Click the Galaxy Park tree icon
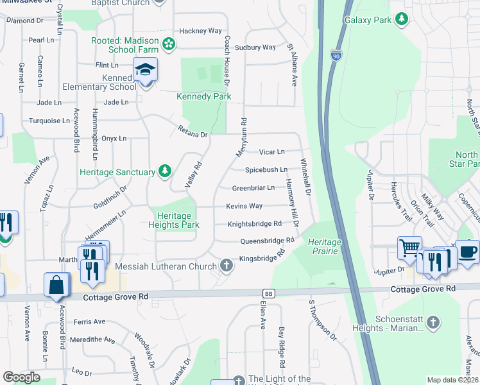pyautogui.click(x=402, y=20)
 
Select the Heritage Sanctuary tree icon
pyautogui.click(x=166, y=171)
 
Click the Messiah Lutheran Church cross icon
pyautogui.click(x=226, y=265)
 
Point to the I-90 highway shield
pyautogui.click(x=336, y=56)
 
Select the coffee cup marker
pyautogui.click(x=467, y=252)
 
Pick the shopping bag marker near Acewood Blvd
pyautogui.click(x=56, y=285)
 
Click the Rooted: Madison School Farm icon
pyautogui.click(x=169, y=44)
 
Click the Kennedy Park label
pyautogui.click(x=204, y=96)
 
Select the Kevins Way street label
pyautogui.click(x=244, y=206)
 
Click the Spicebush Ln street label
pyautogui.click(x=266, y=170)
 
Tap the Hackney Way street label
pyautogui.click(x=200, y=31)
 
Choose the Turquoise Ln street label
pyautogui.click(x=49, y=121)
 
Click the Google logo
pyautogui.click(x=21, y=377)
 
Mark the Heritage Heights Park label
pyautogui.click(x=174, y=220)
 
